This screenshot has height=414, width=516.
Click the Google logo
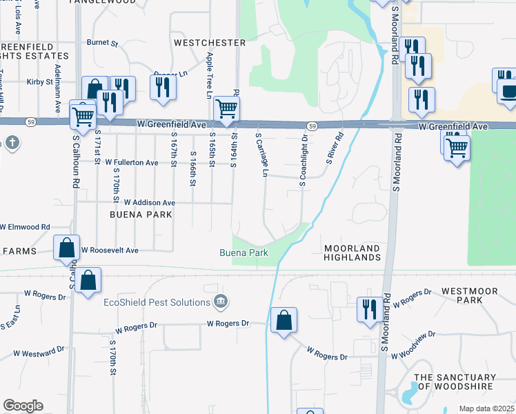coord(23,406)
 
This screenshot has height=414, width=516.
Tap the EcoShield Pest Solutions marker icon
coord(221,301)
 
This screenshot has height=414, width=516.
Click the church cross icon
coord(12,144)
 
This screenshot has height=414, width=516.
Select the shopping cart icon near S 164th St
coord(226,108)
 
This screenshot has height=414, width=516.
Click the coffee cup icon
coord(509,92)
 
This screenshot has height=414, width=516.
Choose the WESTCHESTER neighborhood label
coord(210,43)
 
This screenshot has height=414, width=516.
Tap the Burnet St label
coord(102,43)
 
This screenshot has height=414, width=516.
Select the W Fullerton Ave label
coord(132,163)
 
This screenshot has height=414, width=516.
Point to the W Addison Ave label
coord(149,203)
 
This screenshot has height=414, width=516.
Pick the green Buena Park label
coord(244,253)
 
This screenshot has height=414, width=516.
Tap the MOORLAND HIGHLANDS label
coord(352,253)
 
